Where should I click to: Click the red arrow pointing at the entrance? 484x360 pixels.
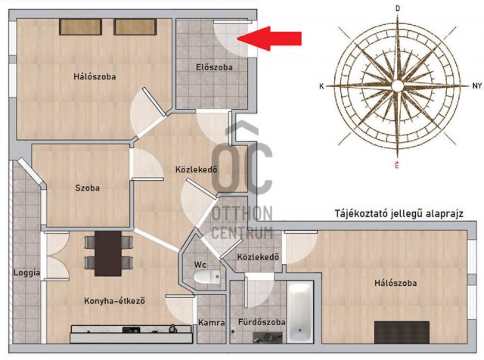275,39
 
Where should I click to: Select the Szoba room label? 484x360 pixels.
87,188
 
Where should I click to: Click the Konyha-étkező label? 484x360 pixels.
113,301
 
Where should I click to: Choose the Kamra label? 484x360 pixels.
211,323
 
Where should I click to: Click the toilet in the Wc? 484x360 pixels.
205,278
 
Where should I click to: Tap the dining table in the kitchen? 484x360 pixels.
108,253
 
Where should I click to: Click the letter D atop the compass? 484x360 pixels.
398,8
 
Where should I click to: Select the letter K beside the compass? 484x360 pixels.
321,87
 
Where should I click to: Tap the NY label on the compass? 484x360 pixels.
476,87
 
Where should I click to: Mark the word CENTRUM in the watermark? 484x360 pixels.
242,232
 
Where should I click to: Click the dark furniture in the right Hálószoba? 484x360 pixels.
402,332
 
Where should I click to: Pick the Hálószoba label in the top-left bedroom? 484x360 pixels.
95,76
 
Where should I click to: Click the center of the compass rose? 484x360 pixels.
398,87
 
